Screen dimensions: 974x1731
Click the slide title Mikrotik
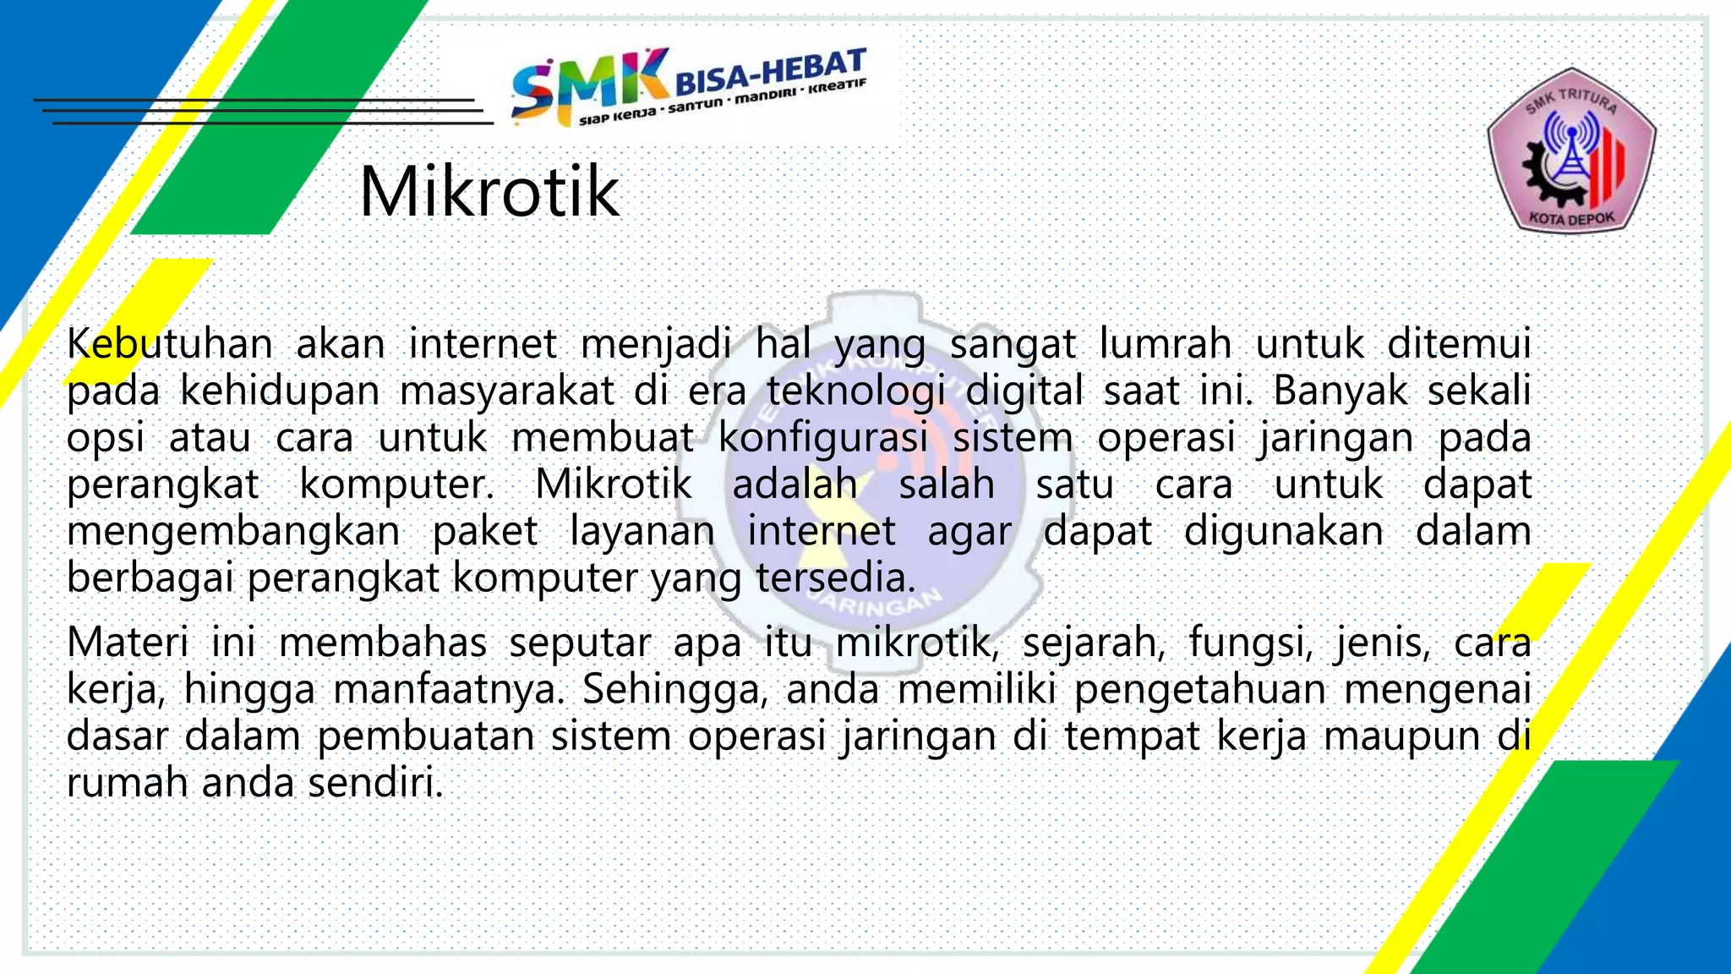pos(489,192)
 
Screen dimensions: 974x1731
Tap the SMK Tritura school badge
pos(1571,150)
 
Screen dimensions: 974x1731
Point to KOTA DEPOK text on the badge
pos(1571,218)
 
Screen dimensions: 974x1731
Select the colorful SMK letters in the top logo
pos(588,85)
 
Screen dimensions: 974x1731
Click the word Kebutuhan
pos(169,344)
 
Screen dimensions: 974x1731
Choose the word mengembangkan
pos(233,532)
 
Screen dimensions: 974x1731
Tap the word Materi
pos(127,643)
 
